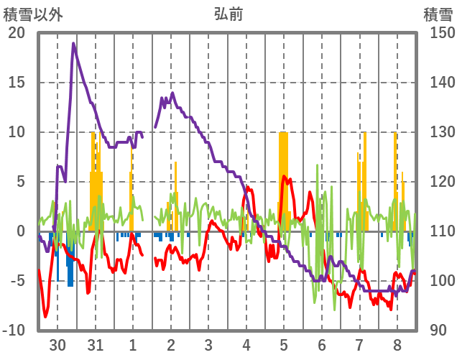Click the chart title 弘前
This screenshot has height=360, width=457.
228,14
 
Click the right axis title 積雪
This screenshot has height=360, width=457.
437,14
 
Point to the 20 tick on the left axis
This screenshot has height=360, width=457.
17,33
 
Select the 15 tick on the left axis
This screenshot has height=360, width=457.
17,83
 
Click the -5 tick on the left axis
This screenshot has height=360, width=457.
17,281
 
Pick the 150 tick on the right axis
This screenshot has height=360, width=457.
437,33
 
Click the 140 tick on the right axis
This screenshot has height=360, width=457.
437,83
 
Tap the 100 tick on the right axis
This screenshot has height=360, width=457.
437,281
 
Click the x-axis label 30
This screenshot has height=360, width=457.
57,345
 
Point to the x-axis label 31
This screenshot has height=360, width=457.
95,345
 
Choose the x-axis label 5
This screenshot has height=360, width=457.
284,345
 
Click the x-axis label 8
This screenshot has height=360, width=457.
397,345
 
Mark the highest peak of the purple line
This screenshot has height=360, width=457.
73,44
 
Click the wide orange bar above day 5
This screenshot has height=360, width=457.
283,180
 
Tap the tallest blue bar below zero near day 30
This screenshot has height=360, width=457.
70,262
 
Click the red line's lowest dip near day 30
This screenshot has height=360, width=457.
45,316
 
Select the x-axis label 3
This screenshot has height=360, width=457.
208,345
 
